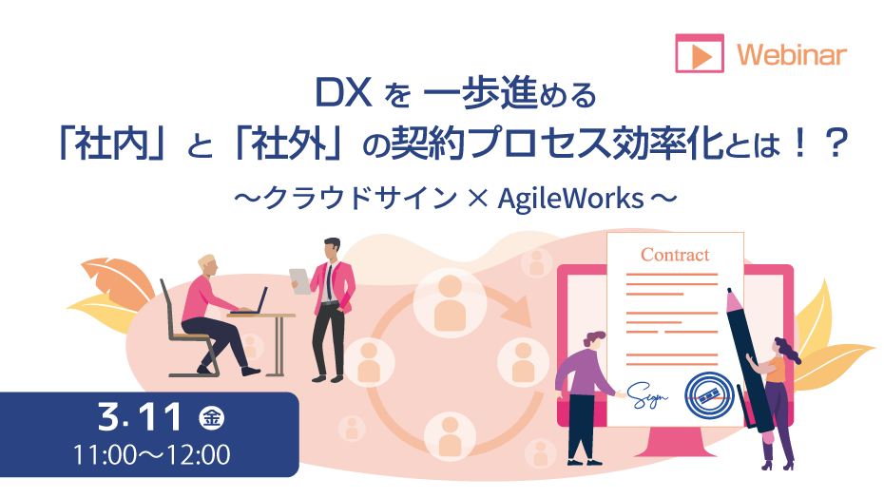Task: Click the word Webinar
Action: tap(792, 55)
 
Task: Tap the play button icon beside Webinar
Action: tap(700, 53)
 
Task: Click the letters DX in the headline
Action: tap(343, 93)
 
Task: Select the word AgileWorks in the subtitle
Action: tap(570, 199)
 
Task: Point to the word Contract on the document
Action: tap(675, 255)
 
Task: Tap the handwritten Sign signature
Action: tap(647, 394)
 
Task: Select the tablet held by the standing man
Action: tap(300, 281)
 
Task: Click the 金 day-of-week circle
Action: tap(212, 418)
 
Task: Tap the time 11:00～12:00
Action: tap(152, 455)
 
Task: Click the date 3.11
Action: tap(140, 417)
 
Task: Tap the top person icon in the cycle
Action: tap(450, 303)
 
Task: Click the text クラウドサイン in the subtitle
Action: tap(360, 199)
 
